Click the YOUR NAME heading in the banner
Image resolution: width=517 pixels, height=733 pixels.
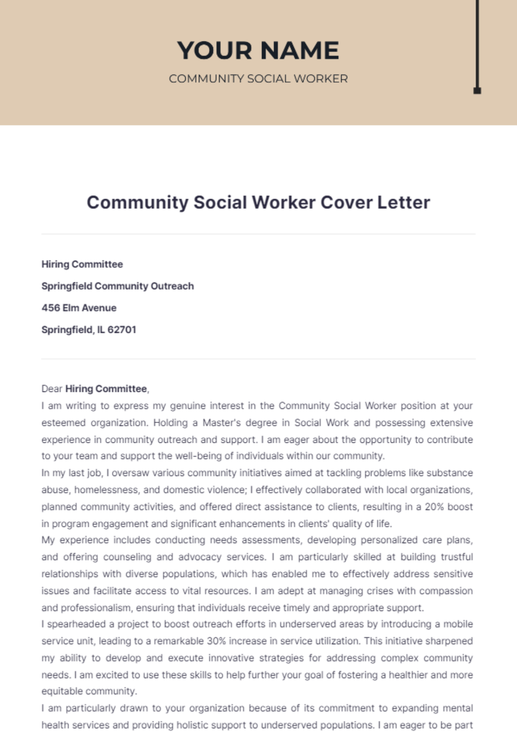point(258,50)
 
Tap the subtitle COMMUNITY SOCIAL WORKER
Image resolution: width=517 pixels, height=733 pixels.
point(258,79)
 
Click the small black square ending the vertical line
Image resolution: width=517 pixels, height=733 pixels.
point(477,90)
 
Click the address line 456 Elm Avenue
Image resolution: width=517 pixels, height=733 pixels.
point(79,308)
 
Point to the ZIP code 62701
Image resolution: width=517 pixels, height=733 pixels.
point(122,330)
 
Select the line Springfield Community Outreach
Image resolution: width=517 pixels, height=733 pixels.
point(118,286)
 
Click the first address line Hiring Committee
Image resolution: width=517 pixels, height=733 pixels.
point(82,264)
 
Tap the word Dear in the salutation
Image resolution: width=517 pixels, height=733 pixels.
point(52,389)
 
